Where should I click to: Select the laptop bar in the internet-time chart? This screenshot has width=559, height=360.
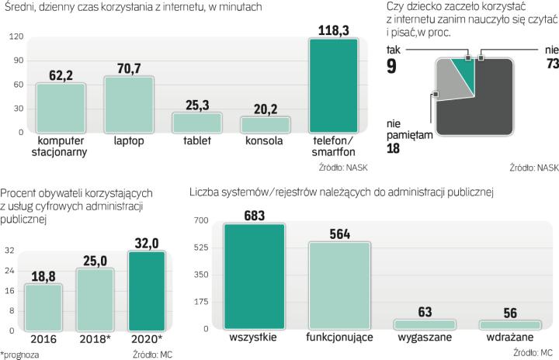(x=129, y=104)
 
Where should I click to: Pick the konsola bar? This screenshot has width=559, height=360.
(x=265, y=123)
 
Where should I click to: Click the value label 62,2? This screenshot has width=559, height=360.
(x=61, y=74)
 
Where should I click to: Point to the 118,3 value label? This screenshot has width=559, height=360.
(x=333, y=30)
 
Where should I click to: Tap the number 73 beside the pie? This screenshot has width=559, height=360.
(x=552, y=65)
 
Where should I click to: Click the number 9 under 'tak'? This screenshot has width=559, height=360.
(x=391, y=66)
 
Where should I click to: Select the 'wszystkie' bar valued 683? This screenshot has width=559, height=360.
(x=254, y=276)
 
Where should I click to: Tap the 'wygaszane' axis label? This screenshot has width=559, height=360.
(x=425, y=338)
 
